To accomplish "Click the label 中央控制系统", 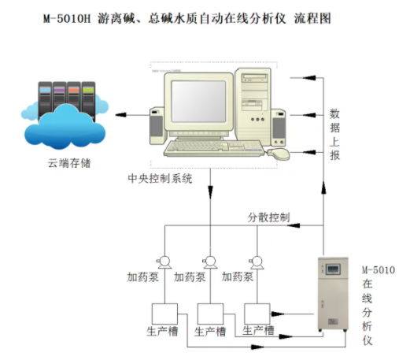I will coord(160,178).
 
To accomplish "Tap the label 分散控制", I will coord(268,217).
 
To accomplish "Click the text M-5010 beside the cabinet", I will coord(378,269).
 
